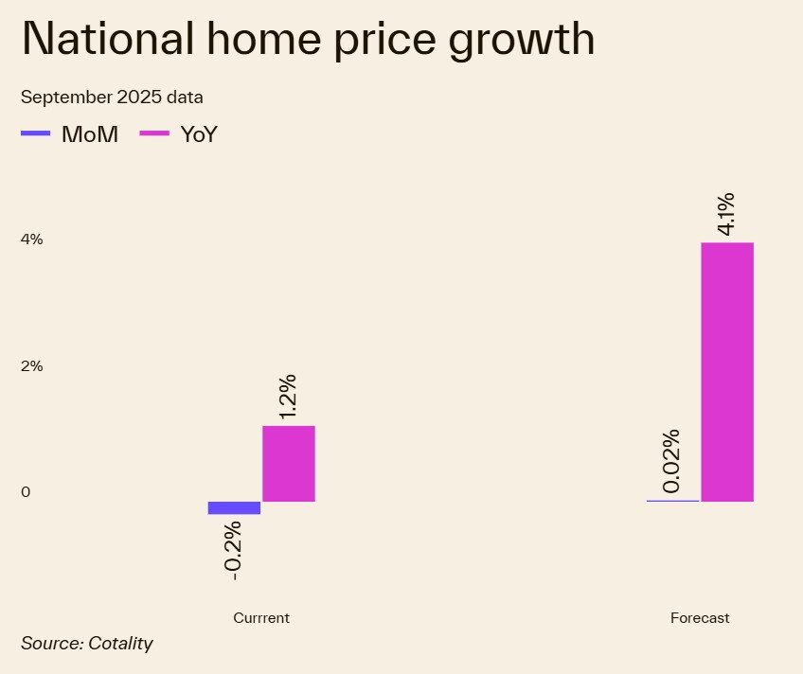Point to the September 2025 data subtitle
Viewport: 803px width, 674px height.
pos(112,98)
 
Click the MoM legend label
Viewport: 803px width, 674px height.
pos(90,134)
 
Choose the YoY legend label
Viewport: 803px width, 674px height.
pos(198,134)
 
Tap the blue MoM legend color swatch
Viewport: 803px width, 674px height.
pos(35,134)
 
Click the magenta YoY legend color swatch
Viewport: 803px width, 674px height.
pos(154,134)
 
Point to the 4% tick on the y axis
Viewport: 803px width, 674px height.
pos(32,239)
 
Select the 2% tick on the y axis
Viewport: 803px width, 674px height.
pos(32,365)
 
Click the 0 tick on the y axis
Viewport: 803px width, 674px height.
pos(26,491)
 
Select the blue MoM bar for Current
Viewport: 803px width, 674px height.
pos(234,507)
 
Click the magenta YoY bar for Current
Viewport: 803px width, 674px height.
pos(289,463)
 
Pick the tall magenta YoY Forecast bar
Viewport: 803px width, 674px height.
pos(727,371)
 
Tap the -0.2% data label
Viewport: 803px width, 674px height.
pos(233,550)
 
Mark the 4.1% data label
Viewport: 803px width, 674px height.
pos(726,215)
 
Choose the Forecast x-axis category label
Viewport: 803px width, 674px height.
pos(700,618)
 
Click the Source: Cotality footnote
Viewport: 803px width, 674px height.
pos(87,644)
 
